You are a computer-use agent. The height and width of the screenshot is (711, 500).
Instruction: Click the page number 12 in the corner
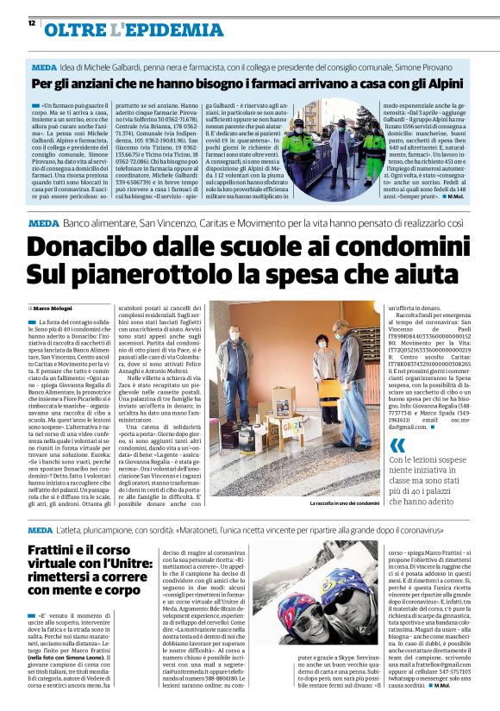pos(31,23)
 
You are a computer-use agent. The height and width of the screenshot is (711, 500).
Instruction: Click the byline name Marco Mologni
pos(53,307)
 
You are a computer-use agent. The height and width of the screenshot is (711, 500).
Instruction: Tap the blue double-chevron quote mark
pos(397,445)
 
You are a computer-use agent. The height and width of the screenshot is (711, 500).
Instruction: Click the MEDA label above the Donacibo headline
pos(41,223)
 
